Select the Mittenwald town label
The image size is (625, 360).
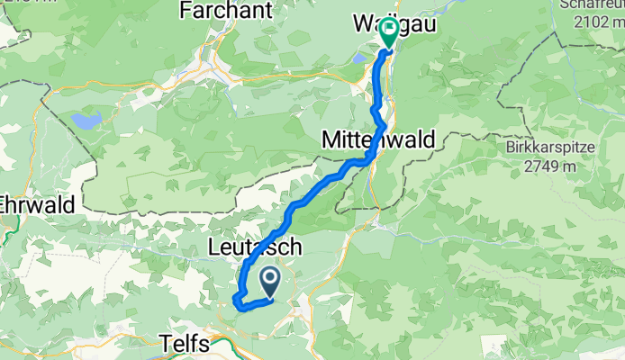point(378,139)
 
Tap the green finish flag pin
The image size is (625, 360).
point(389,32)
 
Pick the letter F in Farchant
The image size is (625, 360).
point(186,10)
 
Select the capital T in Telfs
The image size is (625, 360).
point(163,344)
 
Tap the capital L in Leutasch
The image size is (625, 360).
point(213,246)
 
